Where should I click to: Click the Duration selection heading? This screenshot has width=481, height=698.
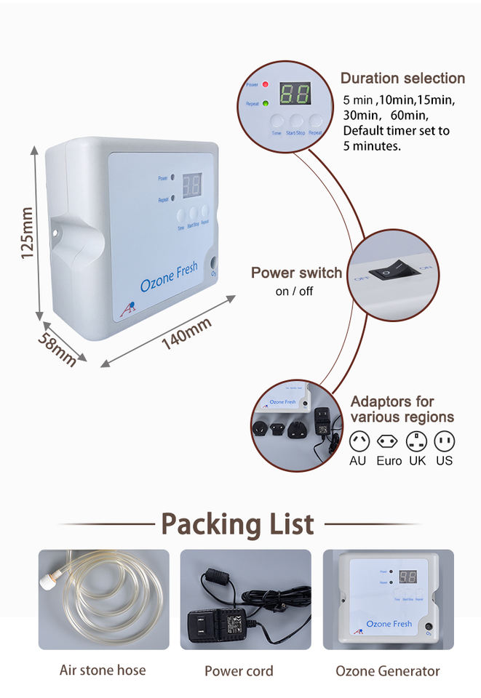(x=402, y=79)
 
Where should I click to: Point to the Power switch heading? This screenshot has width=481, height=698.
(x=296, y=273)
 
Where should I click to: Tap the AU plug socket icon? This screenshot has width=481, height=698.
(x=359, y=441)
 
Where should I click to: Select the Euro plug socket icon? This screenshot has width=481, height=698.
(x=387, y=441)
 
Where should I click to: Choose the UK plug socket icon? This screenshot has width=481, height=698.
(x=417, y=441)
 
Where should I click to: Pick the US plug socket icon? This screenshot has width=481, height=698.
(x=444, y=441)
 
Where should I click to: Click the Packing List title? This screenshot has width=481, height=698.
(x=237, y=523)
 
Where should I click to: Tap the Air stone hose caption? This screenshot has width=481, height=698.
(x=103, y=670)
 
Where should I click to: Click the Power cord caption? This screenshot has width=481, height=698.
(x=239, y=670)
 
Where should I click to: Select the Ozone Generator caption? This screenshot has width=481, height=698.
(x=388, y=670)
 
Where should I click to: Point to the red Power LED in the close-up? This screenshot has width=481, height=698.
(x=266, y=86)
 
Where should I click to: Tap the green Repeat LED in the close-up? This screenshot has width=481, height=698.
(x=266, y=104)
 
